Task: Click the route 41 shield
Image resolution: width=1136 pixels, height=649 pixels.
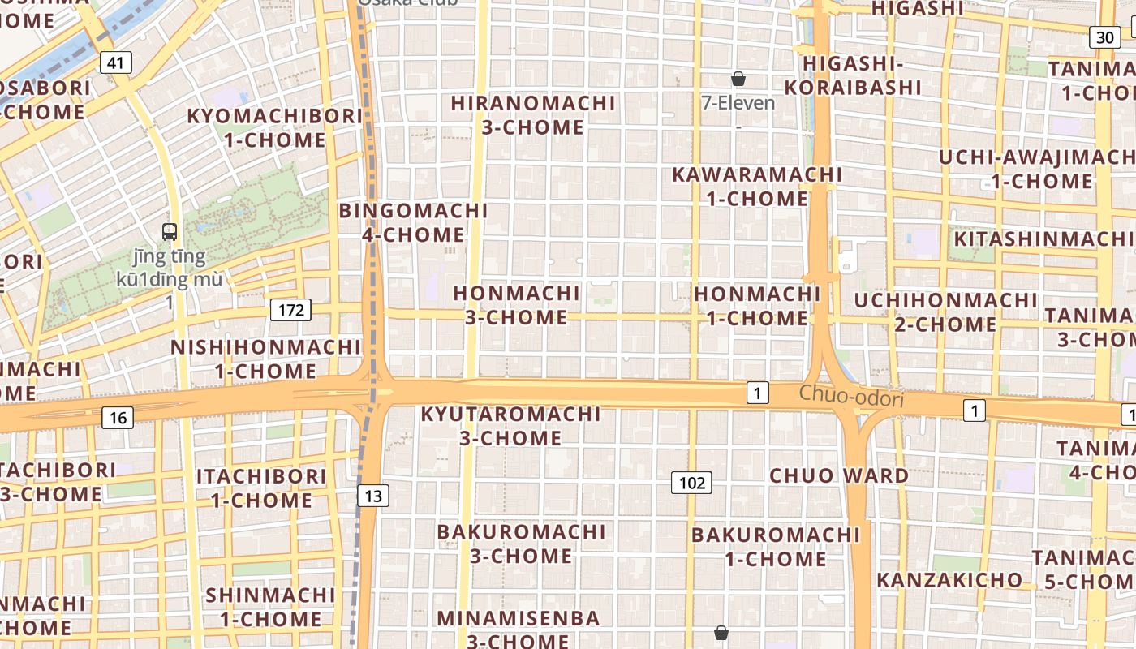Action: coord(117,62)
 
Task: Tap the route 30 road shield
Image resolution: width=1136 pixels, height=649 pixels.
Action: coord(1104,37)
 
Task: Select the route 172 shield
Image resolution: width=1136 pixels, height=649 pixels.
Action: coord(290,310)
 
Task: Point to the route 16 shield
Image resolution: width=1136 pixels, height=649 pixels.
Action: coord(118,418)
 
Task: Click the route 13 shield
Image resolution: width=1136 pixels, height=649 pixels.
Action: coord(372,496)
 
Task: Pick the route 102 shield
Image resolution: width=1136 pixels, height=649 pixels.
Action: coord(691,484)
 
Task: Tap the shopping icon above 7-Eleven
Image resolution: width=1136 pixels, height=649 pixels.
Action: coord(738,79)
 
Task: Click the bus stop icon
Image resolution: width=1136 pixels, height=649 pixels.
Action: coord(169,232)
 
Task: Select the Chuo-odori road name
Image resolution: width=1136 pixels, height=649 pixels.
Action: coord(851,397)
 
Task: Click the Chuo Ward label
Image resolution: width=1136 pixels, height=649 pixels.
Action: coord(839,475)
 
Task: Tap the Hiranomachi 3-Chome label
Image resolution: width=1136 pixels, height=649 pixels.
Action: coord(533,115)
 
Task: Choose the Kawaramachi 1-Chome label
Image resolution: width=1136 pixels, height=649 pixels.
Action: coord(757,187)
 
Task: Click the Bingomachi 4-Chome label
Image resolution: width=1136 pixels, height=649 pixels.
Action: coord(413,223)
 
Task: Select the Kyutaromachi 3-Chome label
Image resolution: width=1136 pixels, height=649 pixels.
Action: coord(511,426)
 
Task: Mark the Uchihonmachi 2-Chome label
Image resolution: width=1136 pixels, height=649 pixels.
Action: coord(945,312)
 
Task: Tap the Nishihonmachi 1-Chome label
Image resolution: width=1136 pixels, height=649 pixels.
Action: coord(265,359)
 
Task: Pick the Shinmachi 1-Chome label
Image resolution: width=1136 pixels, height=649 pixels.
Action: coord(270,607)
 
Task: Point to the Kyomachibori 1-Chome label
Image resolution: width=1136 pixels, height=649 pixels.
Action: coord(275,127)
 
